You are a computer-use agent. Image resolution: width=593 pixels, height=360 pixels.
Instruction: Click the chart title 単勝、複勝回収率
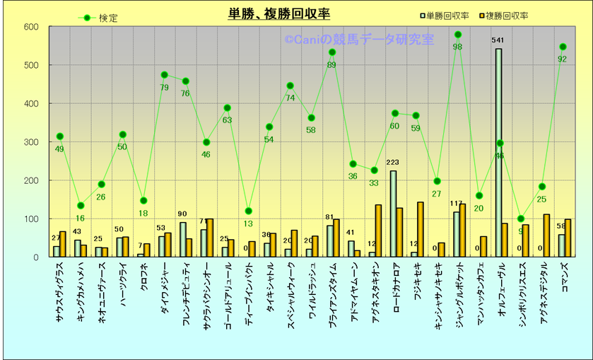click(278, 14)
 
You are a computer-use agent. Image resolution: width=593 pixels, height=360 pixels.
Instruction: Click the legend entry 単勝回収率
click(447, 16)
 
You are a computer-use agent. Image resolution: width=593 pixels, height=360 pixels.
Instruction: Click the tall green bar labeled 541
click(498, 152)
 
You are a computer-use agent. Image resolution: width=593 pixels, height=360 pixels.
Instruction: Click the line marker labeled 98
click(457, 35)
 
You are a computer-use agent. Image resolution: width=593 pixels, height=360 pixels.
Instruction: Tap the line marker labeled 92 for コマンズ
click(563, 47)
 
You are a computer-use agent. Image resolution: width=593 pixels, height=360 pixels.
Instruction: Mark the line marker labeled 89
click(331, 52)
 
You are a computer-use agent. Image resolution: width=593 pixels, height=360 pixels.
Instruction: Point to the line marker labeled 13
click(248, 211)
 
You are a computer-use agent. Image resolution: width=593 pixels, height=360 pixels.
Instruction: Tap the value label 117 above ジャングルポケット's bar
click(456, 204)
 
